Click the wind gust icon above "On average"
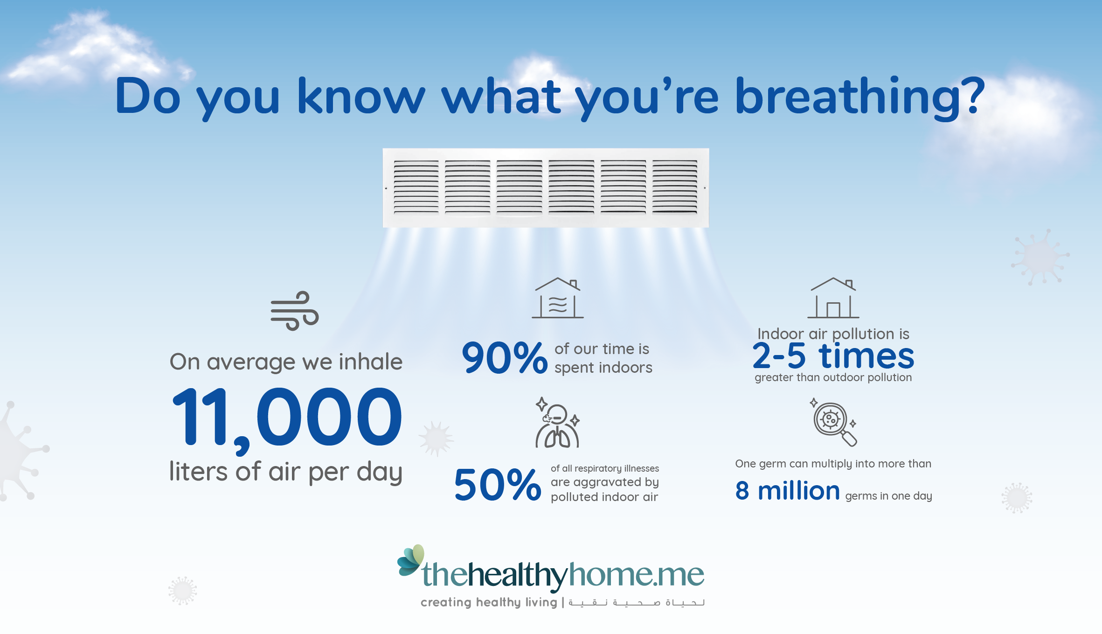click(x=295, y=311)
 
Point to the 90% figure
click(x=505, y=358)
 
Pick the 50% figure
click(x=498, y=485)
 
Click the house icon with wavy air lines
click(x=557, y=298)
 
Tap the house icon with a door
click(x=833, y=298)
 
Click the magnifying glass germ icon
click(x=833, y=422)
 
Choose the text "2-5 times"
click(x=833, y=356)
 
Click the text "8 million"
click(x=788, y=491)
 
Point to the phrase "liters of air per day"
click(x=286, y=473)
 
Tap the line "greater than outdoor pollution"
click(x=833, y=377)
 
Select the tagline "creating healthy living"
click(x=489, y=602)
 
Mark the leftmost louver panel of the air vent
click(x=416, y=187)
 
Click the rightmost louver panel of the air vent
click(x=675, y=187)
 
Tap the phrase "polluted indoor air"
click(x=604, y=497)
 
